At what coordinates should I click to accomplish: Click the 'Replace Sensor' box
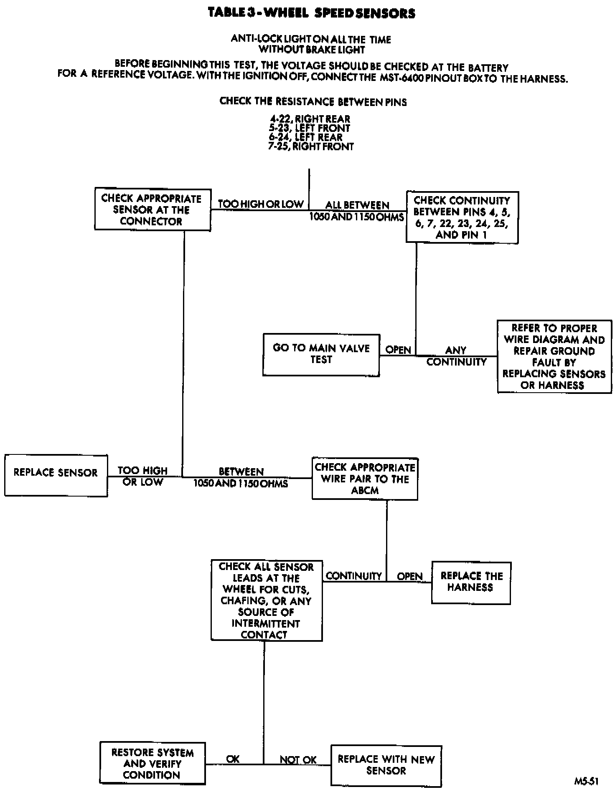pyautogui.click(x=56, y=475)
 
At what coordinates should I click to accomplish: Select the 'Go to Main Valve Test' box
pyautogui.click(x=321, y=355)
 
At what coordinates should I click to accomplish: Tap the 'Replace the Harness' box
pyautogui.click(x=471, y=583)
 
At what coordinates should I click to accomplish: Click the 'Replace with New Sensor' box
pyautogui.click(x=386, y=766)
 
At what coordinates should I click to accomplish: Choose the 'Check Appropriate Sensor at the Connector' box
pyautogui.click(x=152, y=209)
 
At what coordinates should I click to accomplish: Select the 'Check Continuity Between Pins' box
pyautogui.click(x=462, y=217)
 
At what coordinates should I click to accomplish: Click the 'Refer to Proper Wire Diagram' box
pyautogui.click(x=554, y=356)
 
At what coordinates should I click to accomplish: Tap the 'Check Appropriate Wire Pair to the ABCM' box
pyautogui.click(x=365, y=479)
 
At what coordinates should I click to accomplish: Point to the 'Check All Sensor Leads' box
pyautogui.click(x=266, y=600)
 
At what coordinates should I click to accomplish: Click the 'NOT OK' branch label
pyautogui.click(x=298, y=760)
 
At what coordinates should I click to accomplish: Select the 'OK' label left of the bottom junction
pyautogui.click(x=233, y=759)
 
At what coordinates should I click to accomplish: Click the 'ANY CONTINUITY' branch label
pyautogui.click(x=456, y=356)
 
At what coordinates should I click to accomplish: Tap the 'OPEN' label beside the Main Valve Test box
pyautogui.click(x=398, y=350)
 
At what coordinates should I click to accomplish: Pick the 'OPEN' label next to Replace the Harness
pyautogui.click(x=409, y=576)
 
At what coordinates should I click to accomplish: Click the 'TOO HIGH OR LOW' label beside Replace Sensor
pyautogui.click(x=143, y=476)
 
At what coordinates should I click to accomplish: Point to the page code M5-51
pyautogui.click(x=586, y=781)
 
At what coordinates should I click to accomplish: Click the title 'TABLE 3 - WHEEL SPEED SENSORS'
pyautogui.click(x=312, y=13)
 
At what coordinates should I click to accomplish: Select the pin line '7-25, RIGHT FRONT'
pyautogui.click(x=311, y=146)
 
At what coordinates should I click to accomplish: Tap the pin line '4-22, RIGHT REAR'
pyautogui.click(x=310, y=119)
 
